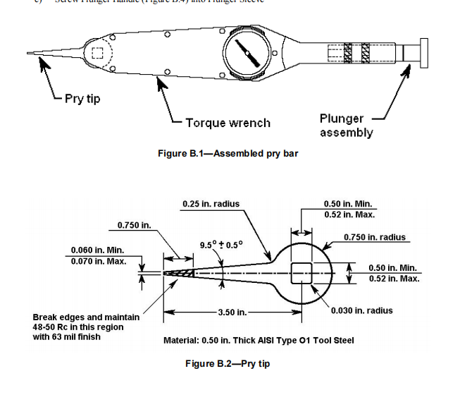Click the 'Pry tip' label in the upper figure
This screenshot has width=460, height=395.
click(82, 99)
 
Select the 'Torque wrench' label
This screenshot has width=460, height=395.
click(228, 123)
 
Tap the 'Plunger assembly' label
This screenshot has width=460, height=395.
click(346, 126)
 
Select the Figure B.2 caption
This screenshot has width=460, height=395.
click(227, 363)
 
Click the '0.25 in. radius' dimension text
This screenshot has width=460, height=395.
click(211, 204)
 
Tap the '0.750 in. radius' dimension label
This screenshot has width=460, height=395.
click(375, 237)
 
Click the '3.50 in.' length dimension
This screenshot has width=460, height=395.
click(231, 312)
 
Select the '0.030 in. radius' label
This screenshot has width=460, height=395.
click(361, 310)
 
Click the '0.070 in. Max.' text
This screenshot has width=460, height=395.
click(99, 262)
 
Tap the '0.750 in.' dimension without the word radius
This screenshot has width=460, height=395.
click(134, 225)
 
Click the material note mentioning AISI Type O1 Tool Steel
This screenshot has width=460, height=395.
click(259, 341)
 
